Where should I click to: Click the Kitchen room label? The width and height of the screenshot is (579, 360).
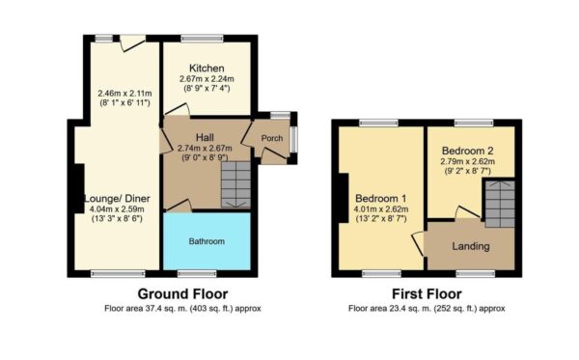[x=207, y=69]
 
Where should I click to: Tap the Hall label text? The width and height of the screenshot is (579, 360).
[x=204, y=137]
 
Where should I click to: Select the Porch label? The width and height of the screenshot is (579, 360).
[x=269, y=139]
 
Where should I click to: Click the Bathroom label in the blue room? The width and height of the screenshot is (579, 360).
[x=206, y=241]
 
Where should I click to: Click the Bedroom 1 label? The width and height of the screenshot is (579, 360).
[x=379, y=198]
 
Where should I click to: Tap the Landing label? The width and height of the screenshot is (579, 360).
[x=470, y=246]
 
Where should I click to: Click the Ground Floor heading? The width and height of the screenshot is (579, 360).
[x=183, y=293]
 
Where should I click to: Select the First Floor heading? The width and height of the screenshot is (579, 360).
[x=426, y=293]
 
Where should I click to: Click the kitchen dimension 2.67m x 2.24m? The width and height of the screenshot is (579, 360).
[x=207, y=80]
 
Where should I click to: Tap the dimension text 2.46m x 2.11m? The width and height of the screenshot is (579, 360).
[x=125, y=94]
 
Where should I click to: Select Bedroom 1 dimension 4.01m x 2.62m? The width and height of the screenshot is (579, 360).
[x=379, y=209]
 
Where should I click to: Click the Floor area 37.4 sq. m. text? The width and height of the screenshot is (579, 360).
[x=183, y=309]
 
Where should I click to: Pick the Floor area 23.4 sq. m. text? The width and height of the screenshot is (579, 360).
[x=426, y=309]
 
